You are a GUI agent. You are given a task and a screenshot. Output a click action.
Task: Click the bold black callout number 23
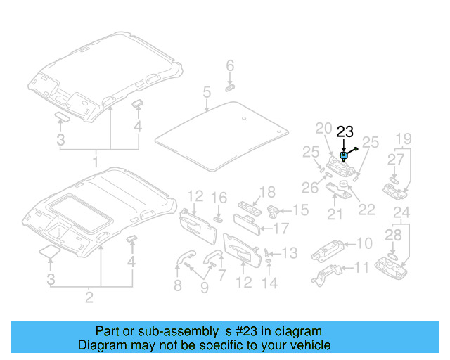[345, 131]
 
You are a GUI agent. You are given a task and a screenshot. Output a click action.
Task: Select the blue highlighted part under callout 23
[343, 156]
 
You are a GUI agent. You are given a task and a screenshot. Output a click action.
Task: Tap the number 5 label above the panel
[207, 92]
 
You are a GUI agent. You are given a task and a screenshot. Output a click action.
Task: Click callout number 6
[229, 67]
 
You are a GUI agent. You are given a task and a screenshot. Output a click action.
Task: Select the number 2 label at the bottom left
[89, 297]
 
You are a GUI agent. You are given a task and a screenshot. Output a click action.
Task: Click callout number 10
[364, 243]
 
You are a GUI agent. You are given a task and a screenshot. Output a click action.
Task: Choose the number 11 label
[361, 268]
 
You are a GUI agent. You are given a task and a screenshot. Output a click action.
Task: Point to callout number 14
[270, 283]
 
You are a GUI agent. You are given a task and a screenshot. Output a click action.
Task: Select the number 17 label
[281, 229]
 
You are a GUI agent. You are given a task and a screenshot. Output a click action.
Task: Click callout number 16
[219, 198]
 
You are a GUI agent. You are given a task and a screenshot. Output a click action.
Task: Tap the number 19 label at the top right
[402, 139]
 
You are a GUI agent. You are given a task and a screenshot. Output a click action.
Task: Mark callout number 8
[177, 285]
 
